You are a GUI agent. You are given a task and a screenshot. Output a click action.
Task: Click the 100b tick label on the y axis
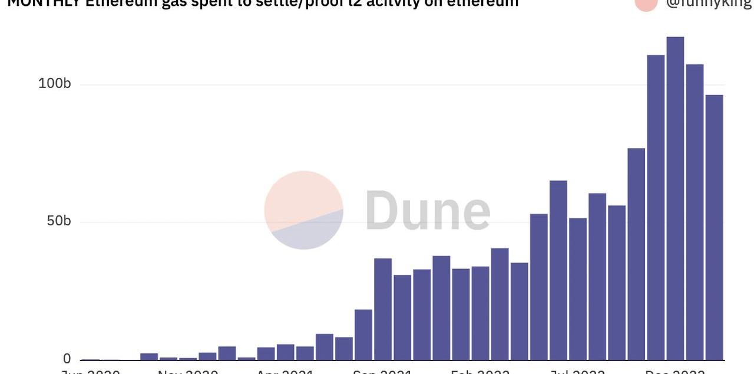[54, 84]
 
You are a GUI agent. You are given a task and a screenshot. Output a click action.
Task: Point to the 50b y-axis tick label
[58, 221]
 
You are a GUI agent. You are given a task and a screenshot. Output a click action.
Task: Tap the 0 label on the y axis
[67, 359]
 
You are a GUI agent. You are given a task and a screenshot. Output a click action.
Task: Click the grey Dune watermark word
[428, 211]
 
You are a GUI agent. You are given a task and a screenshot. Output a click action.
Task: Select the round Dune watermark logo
[303, 210]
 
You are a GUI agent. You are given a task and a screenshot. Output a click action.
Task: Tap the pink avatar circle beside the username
[646, 4]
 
